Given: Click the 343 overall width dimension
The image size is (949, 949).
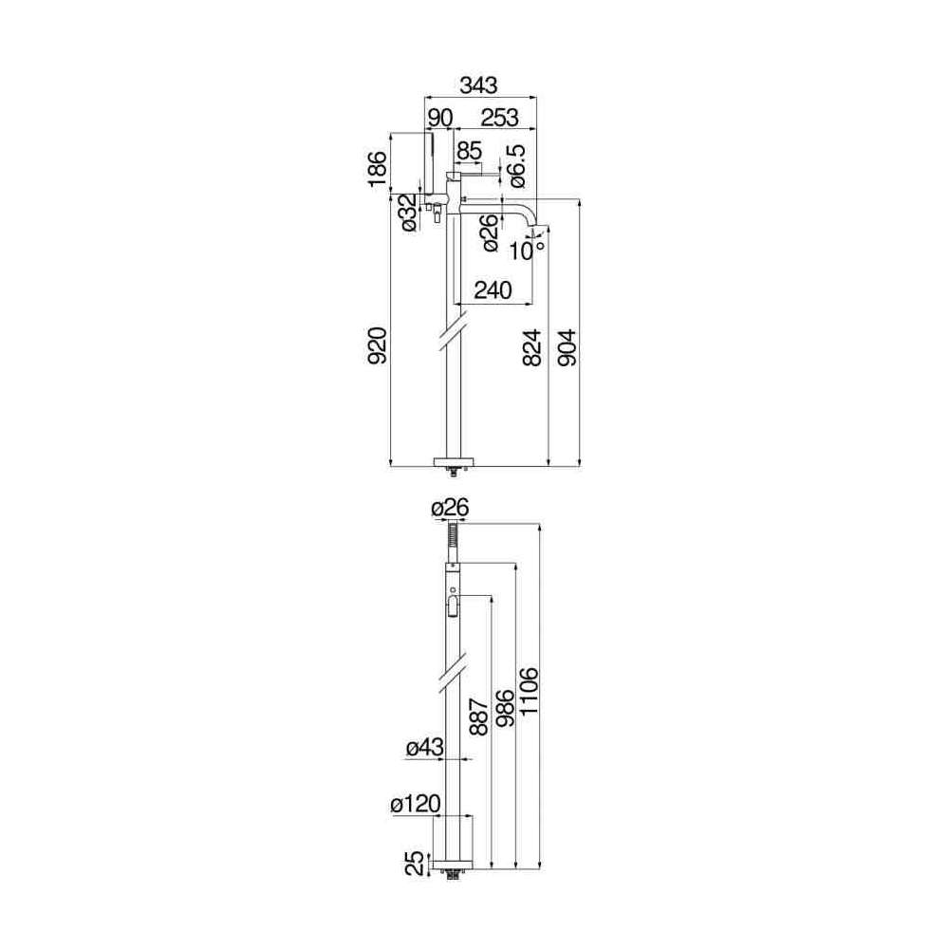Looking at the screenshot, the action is coord(478,85).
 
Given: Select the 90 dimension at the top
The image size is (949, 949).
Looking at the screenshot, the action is coord(440,118).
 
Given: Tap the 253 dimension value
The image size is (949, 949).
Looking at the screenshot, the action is coord(499,118).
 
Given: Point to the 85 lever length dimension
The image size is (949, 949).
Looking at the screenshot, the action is coord(469,150).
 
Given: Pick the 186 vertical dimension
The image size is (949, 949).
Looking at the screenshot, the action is coord(377,169).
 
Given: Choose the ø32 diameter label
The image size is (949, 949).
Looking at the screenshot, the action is coord(409,212).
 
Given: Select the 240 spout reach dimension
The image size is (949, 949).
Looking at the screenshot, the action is coord(493,289).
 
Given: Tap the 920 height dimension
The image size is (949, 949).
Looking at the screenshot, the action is coord(377,345).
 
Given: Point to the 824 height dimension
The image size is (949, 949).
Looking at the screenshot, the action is coord(531,347).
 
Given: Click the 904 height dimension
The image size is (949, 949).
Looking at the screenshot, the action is coord(567,347).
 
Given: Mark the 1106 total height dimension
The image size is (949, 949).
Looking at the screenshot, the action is coord(529,691).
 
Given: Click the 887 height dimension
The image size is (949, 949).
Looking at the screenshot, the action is coord(478,716).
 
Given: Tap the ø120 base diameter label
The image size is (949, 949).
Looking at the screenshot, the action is coord(416,805).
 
